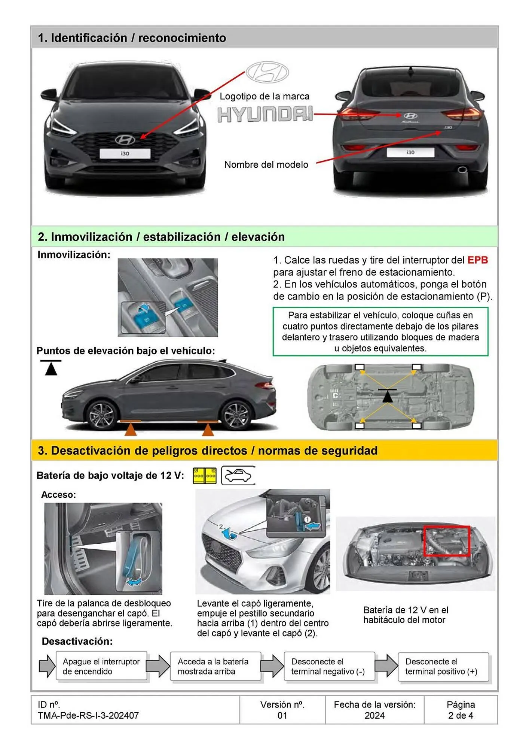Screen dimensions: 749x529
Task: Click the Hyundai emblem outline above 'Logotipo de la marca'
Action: pos(267,72)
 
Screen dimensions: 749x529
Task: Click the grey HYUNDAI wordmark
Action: pos(265,115)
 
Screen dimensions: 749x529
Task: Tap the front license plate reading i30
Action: pos(125,154)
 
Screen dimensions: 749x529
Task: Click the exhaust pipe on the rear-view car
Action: pos(462,170)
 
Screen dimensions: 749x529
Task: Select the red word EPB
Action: pos(477,260)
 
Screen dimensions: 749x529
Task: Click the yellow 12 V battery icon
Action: pos(205,476)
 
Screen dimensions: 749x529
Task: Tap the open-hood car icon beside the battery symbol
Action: pos(238,476)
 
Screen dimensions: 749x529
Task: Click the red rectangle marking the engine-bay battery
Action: pos(446,541)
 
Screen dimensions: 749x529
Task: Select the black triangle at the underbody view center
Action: pos(388,396)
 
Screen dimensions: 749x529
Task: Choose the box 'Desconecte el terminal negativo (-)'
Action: pos(328,666)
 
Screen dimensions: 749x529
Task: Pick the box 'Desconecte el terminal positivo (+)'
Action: pos(443,666)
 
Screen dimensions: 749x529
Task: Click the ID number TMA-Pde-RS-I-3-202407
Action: pos(88,715)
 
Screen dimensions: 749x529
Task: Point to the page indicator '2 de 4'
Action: pos(461,715)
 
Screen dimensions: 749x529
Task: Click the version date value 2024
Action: pos(374,715)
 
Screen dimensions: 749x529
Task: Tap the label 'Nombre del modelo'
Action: pos(266,164)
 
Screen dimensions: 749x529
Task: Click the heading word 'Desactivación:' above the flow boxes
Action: pos(77,641)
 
